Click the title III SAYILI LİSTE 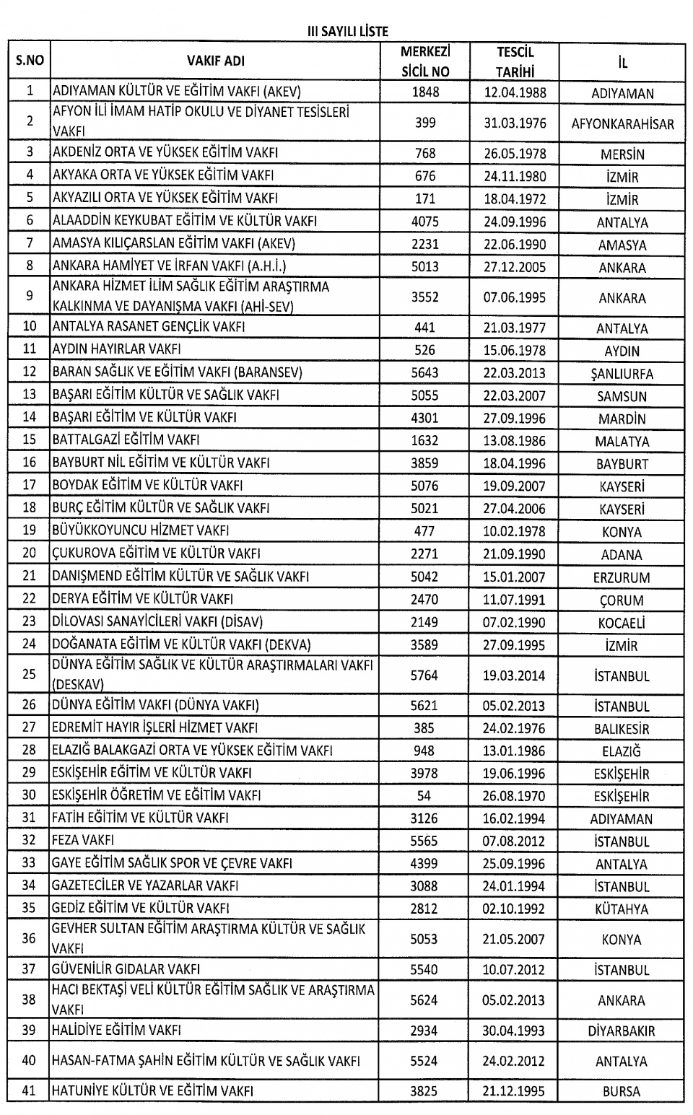click(x=347, y=31)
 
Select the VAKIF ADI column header click(x=215, y=61)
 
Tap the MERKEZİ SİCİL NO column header click(x=425, y=61)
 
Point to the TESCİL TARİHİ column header click(x=515, y=61)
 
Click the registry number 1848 click(x=425, y=92)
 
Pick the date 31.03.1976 click(x=515, y=123)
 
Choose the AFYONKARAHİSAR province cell click(x=622, y=123)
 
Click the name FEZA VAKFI click(x=83, y=841)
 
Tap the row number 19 click(x=30, y=531)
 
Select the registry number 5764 click(x=424, y=675)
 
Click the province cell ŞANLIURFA click(x=622, y=374)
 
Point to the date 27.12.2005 click(x=515, y=267)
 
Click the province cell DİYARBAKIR click(x=622, y=1031)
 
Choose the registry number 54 click(x=424, y=796)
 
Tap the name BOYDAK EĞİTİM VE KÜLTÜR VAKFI click(x=147, y=486)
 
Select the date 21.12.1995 click(x=515, y=1091)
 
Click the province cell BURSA click(x=622, y=1092)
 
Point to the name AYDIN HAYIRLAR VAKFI click(x=116, y=349)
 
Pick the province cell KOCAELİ click(x=622, y=623)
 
